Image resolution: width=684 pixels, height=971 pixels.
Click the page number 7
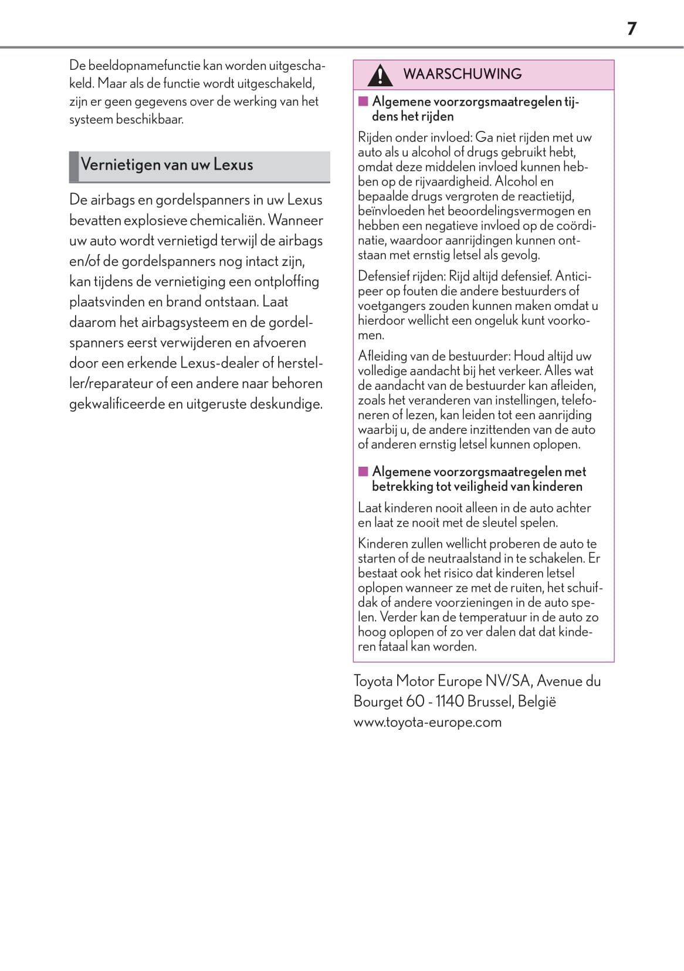(631, 29)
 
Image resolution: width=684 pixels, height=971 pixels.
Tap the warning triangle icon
(380, 75)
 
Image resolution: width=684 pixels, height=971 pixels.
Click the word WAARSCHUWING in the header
(462, 74)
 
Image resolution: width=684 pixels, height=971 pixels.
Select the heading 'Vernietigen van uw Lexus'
(167, 164)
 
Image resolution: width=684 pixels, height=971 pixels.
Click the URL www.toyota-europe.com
(427, 722)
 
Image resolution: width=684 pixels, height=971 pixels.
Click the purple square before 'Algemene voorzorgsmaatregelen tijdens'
(363, 102)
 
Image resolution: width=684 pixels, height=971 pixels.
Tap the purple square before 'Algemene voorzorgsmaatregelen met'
(363, 471)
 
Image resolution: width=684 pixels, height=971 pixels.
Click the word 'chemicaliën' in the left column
(227, 220)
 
